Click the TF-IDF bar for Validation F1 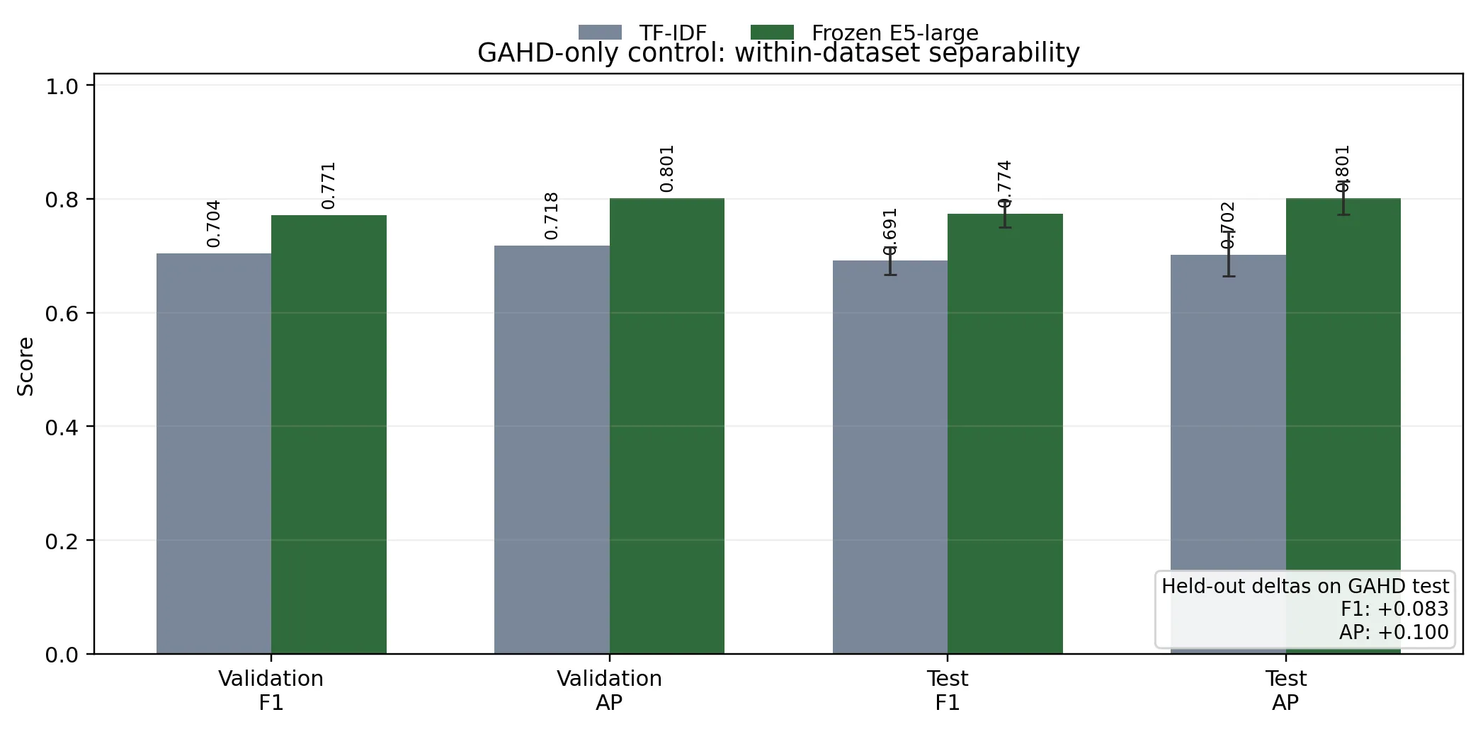click(214, 453)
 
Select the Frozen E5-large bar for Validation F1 click(329, 435)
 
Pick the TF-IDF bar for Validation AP click(552, 449)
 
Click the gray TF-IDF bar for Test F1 click(890, 457)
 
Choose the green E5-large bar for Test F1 click(1005, 434)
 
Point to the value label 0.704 click(214, 224)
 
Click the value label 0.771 click(329, 185)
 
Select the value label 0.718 click(552, 216)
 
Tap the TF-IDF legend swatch click(600, 33)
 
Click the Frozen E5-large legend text click(894, 33)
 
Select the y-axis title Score click(26, 367)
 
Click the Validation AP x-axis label click(609, 690)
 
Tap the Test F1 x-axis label click(948, 690)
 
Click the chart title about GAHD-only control click(778, 53)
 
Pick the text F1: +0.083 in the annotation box click(1394, 609)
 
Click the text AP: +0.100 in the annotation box click(1393, 632)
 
